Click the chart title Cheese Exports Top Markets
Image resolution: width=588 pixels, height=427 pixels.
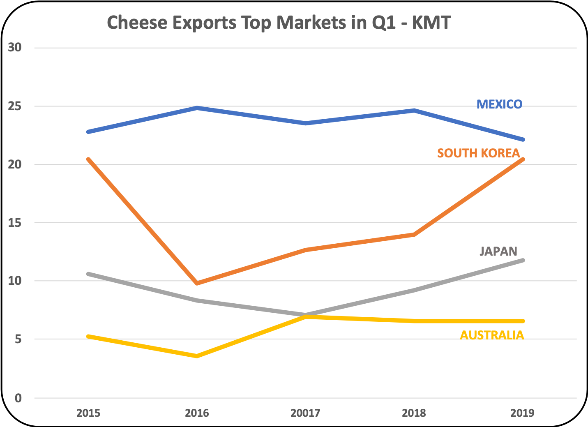point(279,23)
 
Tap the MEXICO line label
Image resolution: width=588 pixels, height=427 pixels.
point(499,104)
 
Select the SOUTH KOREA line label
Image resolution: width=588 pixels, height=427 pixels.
point(478,153)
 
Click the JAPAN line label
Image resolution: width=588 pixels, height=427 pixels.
point(498,251)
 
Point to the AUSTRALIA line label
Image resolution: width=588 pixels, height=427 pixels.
point(492,335)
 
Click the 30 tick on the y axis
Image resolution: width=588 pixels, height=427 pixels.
point(15,48)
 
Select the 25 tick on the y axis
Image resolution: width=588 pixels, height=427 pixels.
point(15,106)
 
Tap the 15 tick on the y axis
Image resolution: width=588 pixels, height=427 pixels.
point(15,223)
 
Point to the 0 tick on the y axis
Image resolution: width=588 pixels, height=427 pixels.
point(18,398)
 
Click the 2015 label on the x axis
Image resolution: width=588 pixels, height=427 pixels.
point(88,413)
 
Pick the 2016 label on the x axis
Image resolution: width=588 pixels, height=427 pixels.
point(197,413)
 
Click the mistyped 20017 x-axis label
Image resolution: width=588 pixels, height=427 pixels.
point(305,413)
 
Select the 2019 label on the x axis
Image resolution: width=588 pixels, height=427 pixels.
point(522,413)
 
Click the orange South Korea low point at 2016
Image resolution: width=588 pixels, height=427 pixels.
point(197,283)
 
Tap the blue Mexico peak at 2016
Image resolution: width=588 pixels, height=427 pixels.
point(197,108)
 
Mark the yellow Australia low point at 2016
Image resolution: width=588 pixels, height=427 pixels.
point(197,356)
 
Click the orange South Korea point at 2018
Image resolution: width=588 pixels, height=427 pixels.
point(414,234)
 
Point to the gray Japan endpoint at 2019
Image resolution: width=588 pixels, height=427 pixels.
point(522,260)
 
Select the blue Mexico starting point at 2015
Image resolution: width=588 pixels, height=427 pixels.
point(89,132)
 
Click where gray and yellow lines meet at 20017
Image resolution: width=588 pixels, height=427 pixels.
point(306,316)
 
